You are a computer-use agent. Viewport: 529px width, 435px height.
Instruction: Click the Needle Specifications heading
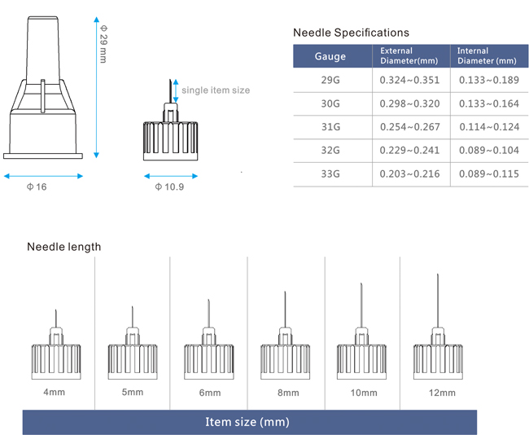(x=351, y=33)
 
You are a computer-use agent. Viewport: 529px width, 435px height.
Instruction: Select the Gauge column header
(x=330, y=56)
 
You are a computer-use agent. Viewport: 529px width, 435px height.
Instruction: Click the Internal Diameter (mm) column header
(x=486, y=55)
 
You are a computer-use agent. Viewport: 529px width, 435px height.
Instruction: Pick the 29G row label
(x=330, y=80)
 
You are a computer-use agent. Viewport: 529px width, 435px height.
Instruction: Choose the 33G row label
(x=330, y=174)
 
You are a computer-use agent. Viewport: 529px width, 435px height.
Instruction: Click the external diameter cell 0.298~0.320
(x=409, y=103)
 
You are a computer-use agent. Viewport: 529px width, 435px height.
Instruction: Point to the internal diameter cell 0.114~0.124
(x=487, y=127)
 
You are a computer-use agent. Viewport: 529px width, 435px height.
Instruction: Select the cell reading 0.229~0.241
(x=409, y=151)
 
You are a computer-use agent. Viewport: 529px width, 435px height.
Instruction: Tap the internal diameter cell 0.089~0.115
(x=487, y=174)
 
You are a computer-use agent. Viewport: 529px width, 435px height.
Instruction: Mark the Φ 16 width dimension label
(x=37, y=187)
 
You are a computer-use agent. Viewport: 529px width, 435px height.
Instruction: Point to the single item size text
(x=216, y=90)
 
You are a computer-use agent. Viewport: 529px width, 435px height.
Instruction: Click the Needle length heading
(x=64, y=247)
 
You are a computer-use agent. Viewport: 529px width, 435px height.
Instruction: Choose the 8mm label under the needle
(x=285, y=393)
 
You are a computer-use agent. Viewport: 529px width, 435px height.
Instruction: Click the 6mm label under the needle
(x=209, y=393)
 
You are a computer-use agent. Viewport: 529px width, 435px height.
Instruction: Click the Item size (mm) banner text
(x=247, y=422)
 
